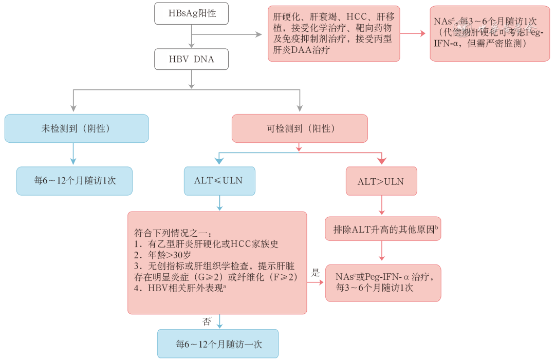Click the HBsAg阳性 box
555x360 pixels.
point(192,14)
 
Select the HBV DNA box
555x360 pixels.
point(192,59)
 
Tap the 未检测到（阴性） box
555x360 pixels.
point(77,128)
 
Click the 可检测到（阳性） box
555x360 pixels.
point(300,128)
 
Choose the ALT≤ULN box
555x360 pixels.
point(219,181)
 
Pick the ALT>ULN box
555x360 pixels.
point(381,181)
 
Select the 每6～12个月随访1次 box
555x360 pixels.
point(75,181)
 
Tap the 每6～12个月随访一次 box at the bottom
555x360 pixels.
point(218,344)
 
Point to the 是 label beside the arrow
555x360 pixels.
point(316,273)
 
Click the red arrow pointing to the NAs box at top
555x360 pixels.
point(414,34)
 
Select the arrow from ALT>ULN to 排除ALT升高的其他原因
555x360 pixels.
point(381,205)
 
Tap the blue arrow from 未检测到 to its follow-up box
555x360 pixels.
point(74,154)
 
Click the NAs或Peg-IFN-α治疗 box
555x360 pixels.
point(383,283)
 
